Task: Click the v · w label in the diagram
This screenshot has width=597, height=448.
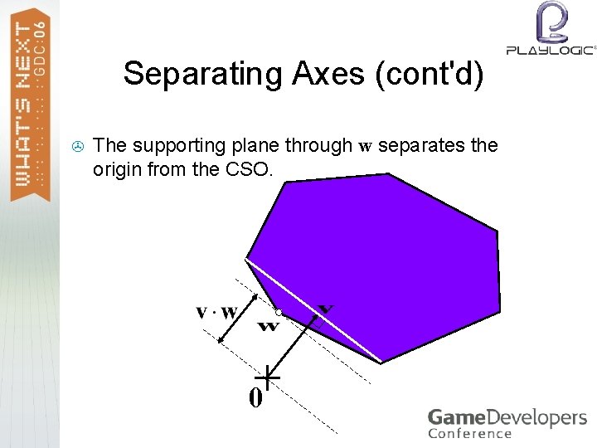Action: point(217,312)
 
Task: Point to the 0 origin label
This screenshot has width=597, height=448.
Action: point(255,398)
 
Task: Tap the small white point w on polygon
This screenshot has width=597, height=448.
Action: point(279,312)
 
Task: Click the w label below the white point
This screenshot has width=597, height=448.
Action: point(268,325)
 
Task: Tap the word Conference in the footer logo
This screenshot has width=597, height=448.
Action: point(470,433)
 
